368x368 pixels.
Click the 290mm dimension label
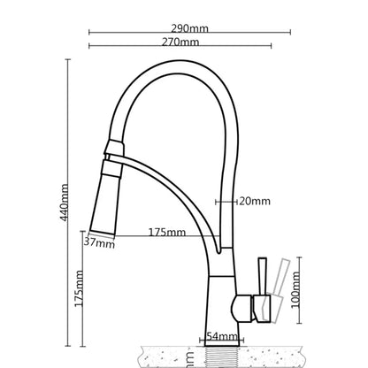(192, 28)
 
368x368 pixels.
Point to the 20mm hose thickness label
(255, 201)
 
